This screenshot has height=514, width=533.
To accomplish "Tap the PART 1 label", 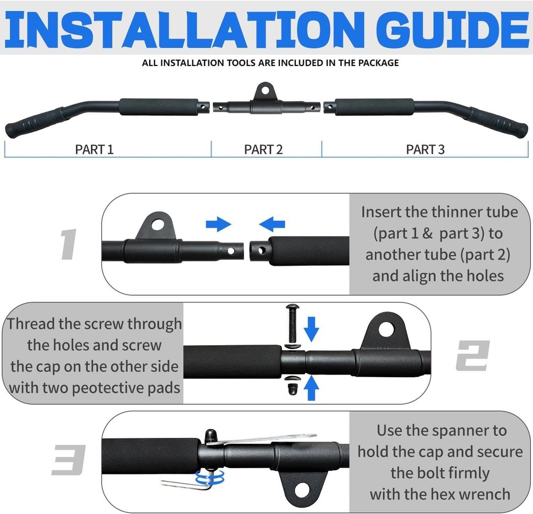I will (x=94, y=150).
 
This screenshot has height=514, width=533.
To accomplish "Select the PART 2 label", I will (x=263, y=150).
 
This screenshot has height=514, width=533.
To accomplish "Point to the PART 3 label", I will (x=425, y=150).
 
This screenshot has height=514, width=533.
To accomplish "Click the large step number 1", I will (x=69, y=246).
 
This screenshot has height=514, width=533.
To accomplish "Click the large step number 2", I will (x=472, y=355).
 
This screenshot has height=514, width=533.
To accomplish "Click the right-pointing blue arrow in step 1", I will (x=218, y=224).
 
